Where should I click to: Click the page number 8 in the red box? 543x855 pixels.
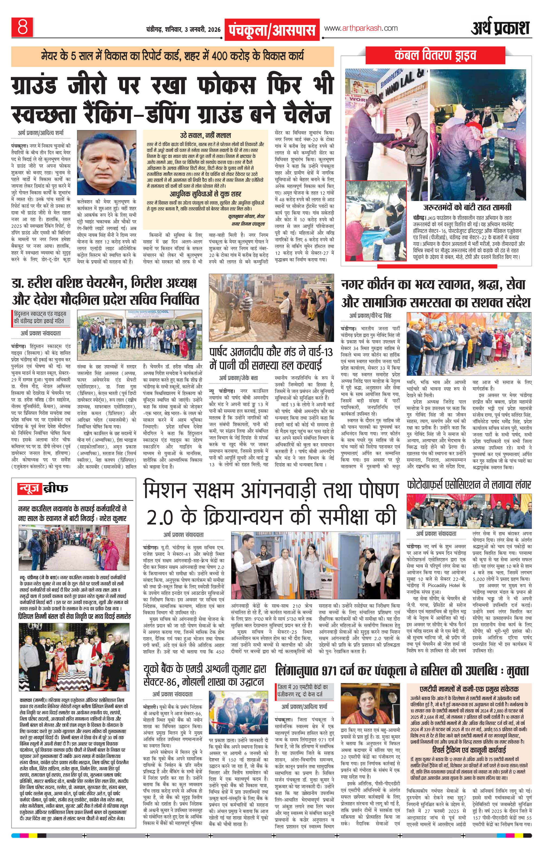point(22,28)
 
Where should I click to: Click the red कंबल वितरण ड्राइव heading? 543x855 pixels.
point(435,56)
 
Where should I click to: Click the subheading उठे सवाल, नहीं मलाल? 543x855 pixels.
point(205,135)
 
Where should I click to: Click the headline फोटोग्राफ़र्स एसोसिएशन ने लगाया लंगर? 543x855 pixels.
point(469,485)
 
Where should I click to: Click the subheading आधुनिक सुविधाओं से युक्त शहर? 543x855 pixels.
point(205,194)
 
